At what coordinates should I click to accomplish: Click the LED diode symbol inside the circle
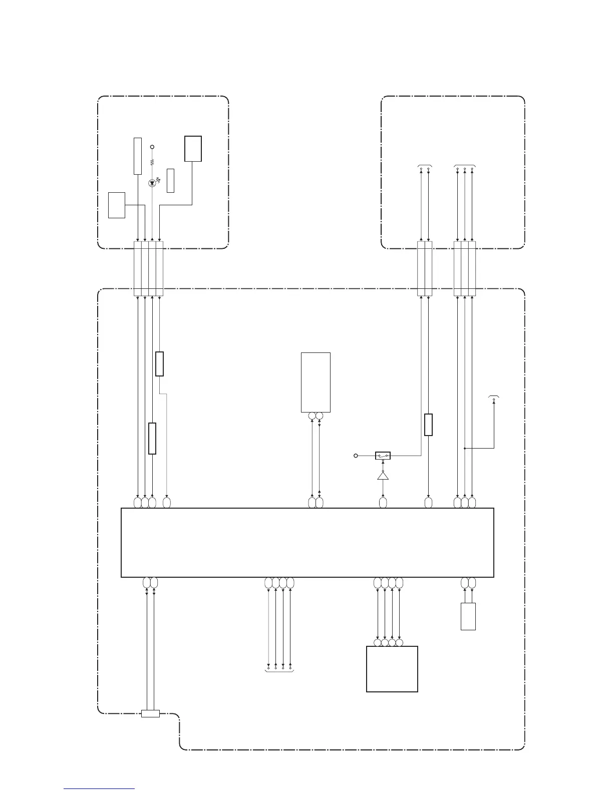tap(152, 183)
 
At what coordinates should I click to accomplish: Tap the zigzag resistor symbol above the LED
tap(152, 163)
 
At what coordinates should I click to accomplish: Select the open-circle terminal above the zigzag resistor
tap(152, 147)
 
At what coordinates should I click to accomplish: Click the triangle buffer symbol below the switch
tap(383, 475)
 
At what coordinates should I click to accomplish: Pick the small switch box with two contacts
tap(383, 456)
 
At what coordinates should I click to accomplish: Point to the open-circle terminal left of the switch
tap(356, 456)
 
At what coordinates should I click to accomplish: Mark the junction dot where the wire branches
tap(465, 448)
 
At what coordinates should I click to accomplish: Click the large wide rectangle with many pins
tap(308, 543)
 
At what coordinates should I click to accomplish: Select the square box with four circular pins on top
tap(392, 669)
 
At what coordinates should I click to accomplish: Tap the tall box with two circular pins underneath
tap(316, 382)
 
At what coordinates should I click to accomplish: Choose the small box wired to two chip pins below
tap(468, 616)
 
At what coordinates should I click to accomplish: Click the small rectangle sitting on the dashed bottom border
tap(150, 713)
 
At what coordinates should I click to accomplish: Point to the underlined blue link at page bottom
tap(99, 788)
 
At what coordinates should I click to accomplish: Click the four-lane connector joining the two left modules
tap(149, 268)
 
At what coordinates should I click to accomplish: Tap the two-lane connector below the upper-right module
tap(425, 268)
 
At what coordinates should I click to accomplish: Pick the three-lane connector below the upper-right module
tap(465, 268)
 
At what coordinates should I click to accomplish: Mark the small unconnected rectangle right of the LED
tap(170, 181)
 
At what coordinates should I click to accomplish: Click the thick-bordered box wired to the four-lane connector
tap(193, 149)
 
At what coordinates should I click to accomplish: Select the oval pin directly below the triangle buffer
tap(383, 502)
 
